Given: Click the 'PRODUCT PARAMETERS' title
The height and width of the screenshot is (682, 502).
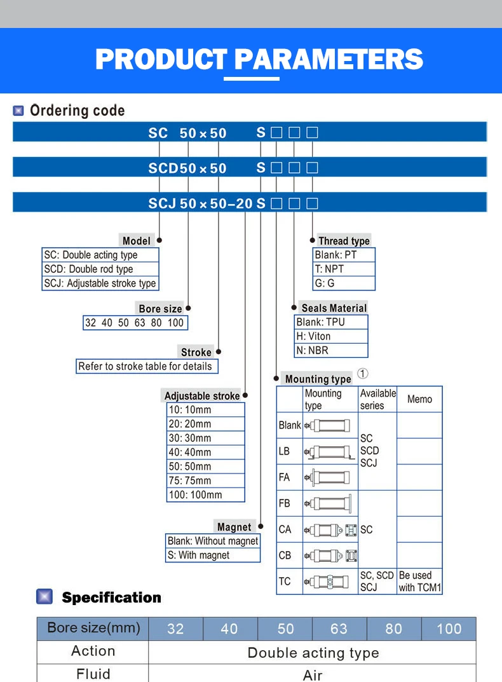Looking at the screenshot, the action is point(259,59).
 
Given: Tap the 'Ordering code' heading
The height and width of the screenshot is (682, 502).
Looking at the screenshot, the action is point(77,111).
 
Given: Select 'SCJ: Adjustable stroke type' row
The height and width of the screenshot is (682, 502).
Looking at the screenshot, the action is point(100,283).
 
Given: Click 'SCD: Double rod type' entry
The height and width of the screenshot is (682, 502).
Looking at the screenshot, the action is point(88,269).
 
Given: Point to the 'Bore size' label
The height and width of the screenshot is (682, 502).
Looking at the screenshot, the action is point(160,309).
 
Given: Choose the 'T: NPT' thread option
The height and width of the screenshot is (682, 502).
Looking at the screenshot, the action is point(329,269).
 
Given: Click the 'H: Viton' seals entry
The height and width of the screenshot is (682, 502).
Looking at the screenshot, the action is point(314,336).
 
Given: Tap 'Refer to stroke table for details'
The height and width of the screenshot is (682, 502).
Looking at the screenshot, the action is point(145,366).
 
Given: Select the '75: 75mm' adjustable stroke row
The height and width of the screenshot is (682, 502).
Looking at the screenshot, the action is point(190,481).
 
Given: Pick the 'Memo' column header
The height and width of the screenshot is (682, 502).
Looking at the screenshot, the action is point(419,399).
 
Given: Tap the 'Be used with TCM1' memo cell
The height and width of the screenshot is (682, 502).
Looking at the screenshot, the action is point(419,581).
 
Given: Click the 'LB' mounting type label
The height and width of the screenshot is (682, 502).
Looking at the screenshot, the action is point(284,451).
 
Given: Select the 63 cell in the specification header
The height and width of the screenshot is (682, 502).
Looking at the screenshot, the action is point(339,629).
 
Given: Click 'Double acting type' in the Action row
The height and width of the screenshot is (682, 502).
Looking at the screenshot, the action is point(313,653).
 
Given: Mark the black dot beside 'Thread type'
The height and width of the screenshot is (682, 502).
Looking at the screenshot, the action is point(313,240).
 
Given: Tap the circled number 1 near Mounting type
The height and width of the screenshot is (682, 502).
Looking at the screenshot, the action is point(362,374).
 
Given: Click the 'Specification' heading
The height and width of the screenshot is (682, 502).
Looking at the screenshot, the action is point(111,597).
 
